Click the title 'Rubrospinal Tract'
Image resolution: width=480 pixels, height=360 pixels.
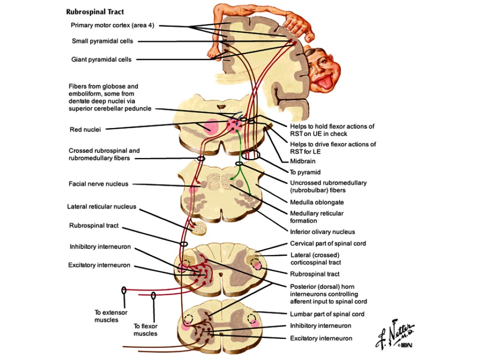(95, 12)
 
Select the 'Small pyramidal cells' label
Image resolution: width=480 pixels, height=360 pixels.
(102, 41)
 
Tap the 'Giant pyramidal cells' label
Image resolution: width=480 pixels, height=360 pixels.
(101, 60)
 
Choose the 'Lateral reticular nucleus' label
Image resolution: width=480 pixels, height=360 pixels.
(102, 206)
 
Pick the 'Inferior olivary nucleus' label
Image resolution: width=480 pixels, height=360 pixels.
(322, 232)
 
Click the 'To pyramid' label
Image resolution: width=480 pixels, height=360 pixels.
(305, 172)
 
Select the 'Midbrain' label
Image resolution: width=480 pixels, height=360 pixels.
(303, 161)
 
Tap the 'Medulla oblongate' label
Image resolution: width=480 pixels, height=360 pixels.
(316, 202)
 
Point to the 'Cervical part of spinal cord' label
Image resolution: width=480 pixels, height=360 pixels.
(328, 244)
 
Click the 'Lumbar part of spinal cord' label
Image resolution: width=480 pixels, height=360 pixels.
(327, 314)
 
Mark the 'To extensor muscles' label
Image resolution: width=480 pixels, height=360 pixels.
(111, 316)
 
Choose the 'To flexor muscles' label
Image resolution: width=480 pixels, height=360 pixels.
(146, 330)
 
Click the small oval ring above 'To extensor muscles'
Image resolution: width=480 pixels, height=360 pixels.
(124, 291)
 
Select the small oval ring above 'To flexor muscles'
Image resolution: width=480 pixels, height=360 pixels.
(153, 295)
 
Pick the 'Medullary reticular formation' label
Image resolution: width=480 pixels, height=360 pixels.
(316, 217)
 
